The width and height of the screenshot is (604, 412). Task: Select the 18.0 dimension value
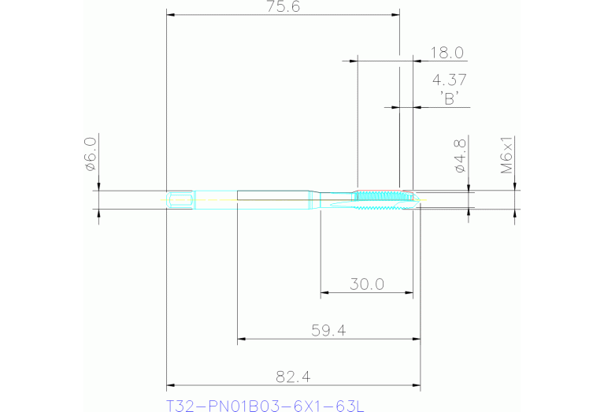point(447,54)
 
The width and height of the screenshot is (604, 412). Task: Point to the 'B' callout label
point(450,98)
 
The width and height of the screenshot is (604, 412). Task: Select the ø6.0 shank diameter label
point(90,154)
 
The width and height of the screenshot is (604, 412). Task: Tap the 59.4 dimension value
point(329,331)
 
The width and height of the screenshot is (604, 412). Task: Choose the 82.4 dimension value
point(292,377)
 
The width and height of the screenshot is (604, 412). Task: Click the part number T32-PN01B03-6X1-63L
point(265,406)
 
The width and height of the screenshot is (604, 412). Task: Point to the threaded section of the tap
point(378,196)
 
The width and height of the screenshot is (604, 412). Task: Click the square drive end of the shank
point(180,199)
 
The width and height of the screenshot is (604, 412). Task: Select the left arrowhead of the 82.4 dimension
point(170,386)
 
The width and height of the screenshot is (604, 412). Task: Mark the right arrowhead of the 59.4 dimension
point(417,340)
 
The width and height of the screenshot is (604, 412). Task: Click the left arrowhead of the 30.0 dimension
point(324,293)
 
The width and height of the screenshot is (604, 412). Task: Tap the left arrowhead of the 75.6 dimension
point(170,14)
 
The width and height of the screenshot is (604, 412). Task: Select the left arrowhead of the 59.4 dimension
point(242,340)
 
